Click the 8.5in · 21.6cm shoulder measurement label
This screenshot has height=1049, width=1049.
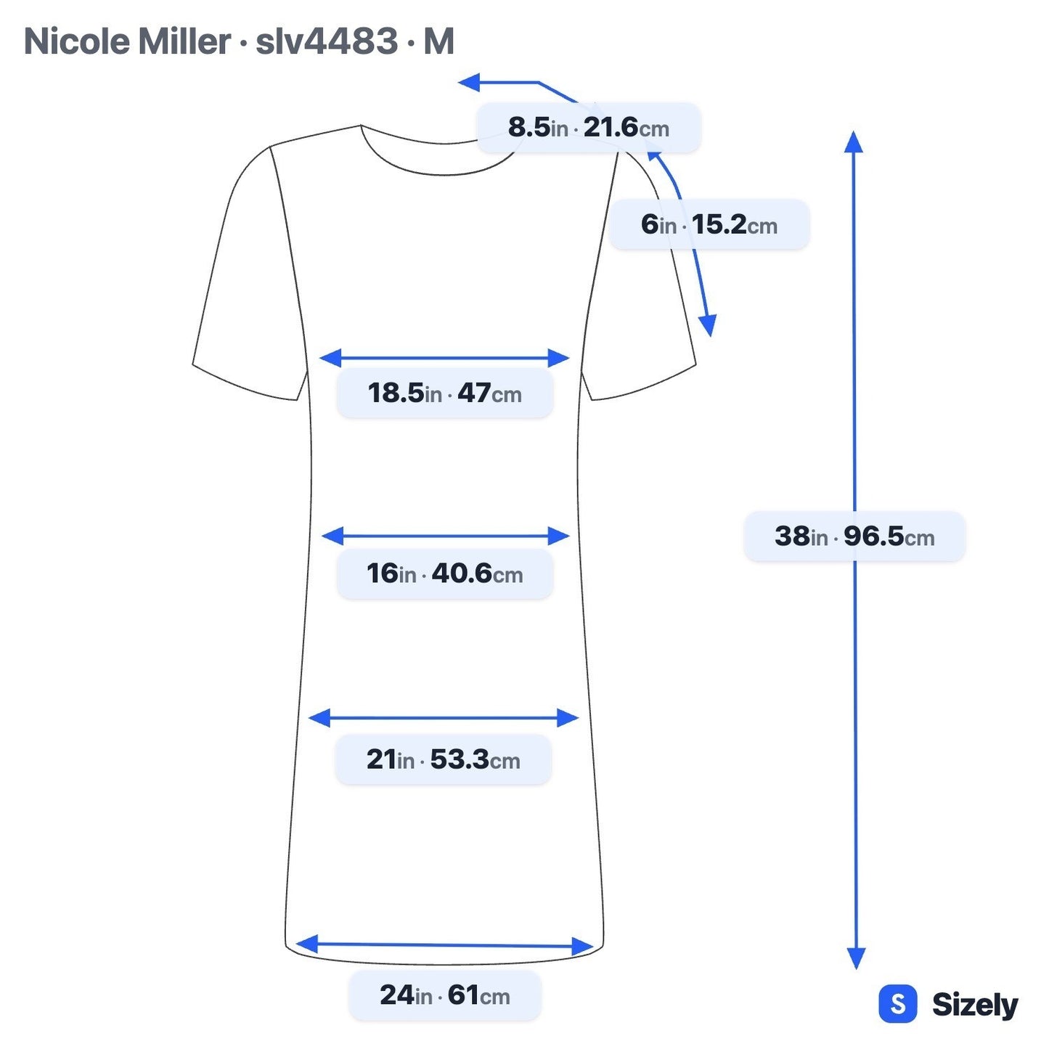[x=588, y=127]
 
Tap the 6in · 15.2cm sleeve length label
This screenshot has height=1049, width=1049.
[x=709, y=224]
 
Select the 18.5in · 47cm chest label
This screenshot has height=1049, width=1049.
[x=445, y=393]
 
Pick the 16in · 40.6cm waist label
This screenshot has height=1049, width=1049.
[x=445, y=574]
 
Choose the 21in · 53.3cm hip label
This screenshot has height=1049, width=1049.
[x=443, y=759]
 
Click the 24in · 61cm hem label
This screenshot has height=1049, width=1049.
[x=445, y=995]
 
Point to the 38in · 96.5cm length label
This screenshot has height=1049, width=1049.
[x=854, y=536]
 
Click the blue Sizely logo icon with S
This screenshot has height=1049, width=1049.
[x=898, y=1003]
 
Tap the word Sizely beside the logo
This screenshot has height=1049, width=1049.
[x=975, y=1005]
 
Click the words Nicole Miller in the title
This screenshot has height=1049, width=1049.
[x=128, y=41]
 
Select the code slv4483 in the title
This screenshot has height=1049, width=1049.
[x=327, y=41]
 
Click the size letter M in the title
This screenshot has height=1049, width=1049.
[x=438, y=41]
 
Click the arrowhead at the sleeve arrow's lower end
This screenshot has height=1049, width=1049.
[x=709, y=325]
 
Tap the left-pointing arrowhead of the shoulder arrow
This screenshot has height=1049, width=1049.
[x=469, y=83]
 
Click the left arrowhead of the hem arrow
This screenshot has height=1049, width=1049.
[x=306, y=944]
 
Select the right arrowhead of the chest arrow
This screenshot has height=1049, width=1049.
[x=558, y=358]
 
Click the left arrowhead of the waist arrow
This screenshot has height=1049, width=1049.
[x=332, y=536]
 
